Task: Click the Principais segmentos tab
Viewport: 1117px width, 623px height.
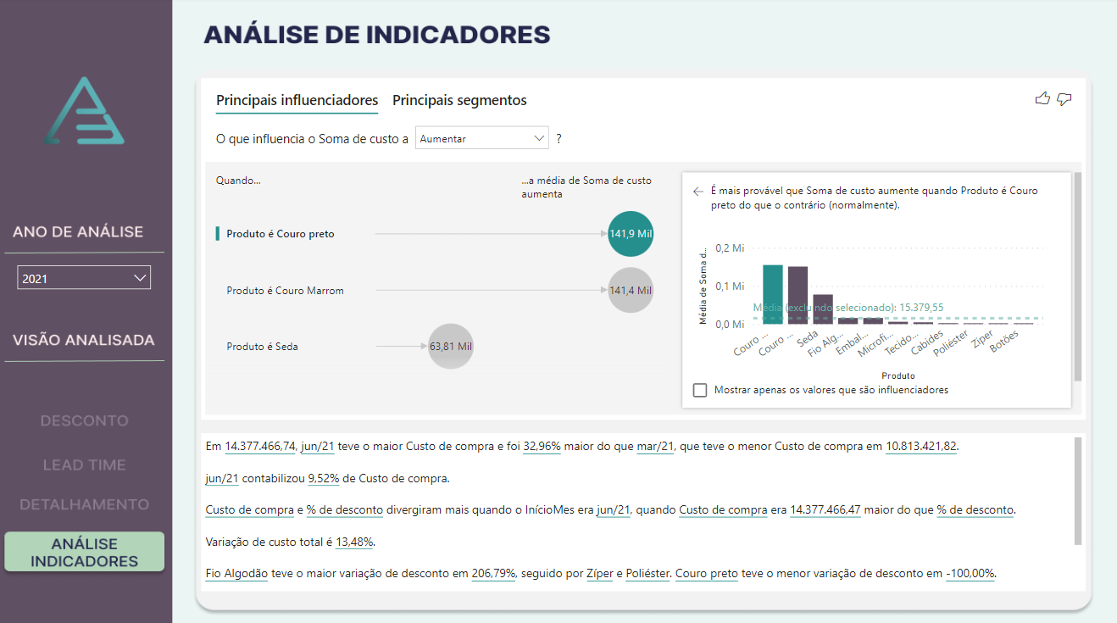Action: pyautogui.click(x=459, y=100)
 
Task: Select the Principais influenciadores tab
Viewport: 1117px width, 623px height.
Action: pyautogui.click(x=297, y=100)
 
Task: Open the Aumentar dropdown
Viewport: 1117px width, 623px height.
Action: pyautogui.click(x=481, y=138)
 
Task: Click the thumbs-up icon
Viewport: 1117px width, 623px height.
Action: pyautogui.click(x=1042, y=99)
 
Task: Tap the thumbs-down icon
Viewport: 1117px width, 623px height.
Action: pyautogui.click(x=1064, y=99)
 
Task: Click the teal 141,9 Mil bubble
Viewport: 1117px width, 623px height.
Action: pyautogui.click(x=631, y=233)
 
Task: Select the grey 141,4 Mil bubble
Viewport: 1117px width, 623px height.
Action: pyautogui.click(x=631, y=290)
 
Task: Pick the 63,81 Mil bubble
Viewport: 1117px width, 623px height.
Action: pyautogui.click(x=450, y=346)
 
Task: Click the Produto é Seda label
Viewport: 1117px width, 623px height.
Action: pyautogui.click(x=262, y=347)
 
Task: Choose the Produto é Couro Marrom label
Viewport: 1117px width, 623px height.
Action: pyautogui.click(x=285, y=291)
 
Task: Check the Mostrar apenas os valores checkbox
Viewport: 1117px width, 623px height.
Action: pyautogui.click(x=700, y=390)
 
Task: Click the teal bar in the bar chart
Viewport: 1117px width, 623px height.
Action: pyautogui.click(x=772, y=294)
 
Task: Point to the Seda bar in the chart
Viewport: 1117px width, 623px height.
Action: pyautogui.click(x=823, y=309)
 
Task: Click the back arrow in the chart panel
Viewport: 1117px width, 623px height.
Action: pyautogui.click(x=698, y=192)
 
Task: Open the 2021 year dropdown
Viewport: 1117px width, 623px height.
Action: pyautogui.click(x=84, y=278)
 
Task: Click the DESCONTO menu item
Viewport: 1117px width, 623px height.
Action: pyautogui.click(x=84, y=420)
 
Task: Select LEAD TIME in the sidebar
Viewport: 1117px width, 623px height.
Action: pyautogui.click(x=84, y=464)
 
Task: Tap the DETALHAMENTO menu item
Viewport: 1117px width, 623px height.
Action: pyautogui.click(x=84, y=504)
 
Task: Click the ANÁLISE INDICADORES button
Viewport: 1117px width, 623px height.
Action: pyautogui.click(x=84, y=552)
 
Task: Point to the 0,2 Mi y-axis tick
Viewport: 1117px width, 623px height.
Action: pyautogui.click(x=730, y=248)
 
